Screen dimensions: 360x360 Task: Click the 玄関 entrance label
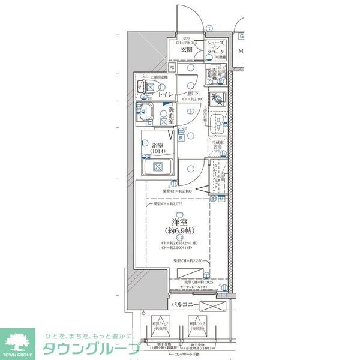pos(186,50)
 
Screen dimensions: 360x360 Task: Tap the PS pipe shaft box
pos(172,68)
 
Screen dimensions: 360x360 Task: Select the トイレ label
pos(165,94)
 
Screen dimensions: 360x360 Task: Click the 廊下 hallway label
pos(193,93)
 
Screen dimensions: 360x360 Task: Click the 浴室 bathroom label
pos(159,145)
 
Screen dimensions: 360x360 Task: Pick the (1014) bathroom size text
pos(159,152)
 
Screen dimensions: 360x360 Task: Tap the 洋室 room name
pos(177,221)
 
